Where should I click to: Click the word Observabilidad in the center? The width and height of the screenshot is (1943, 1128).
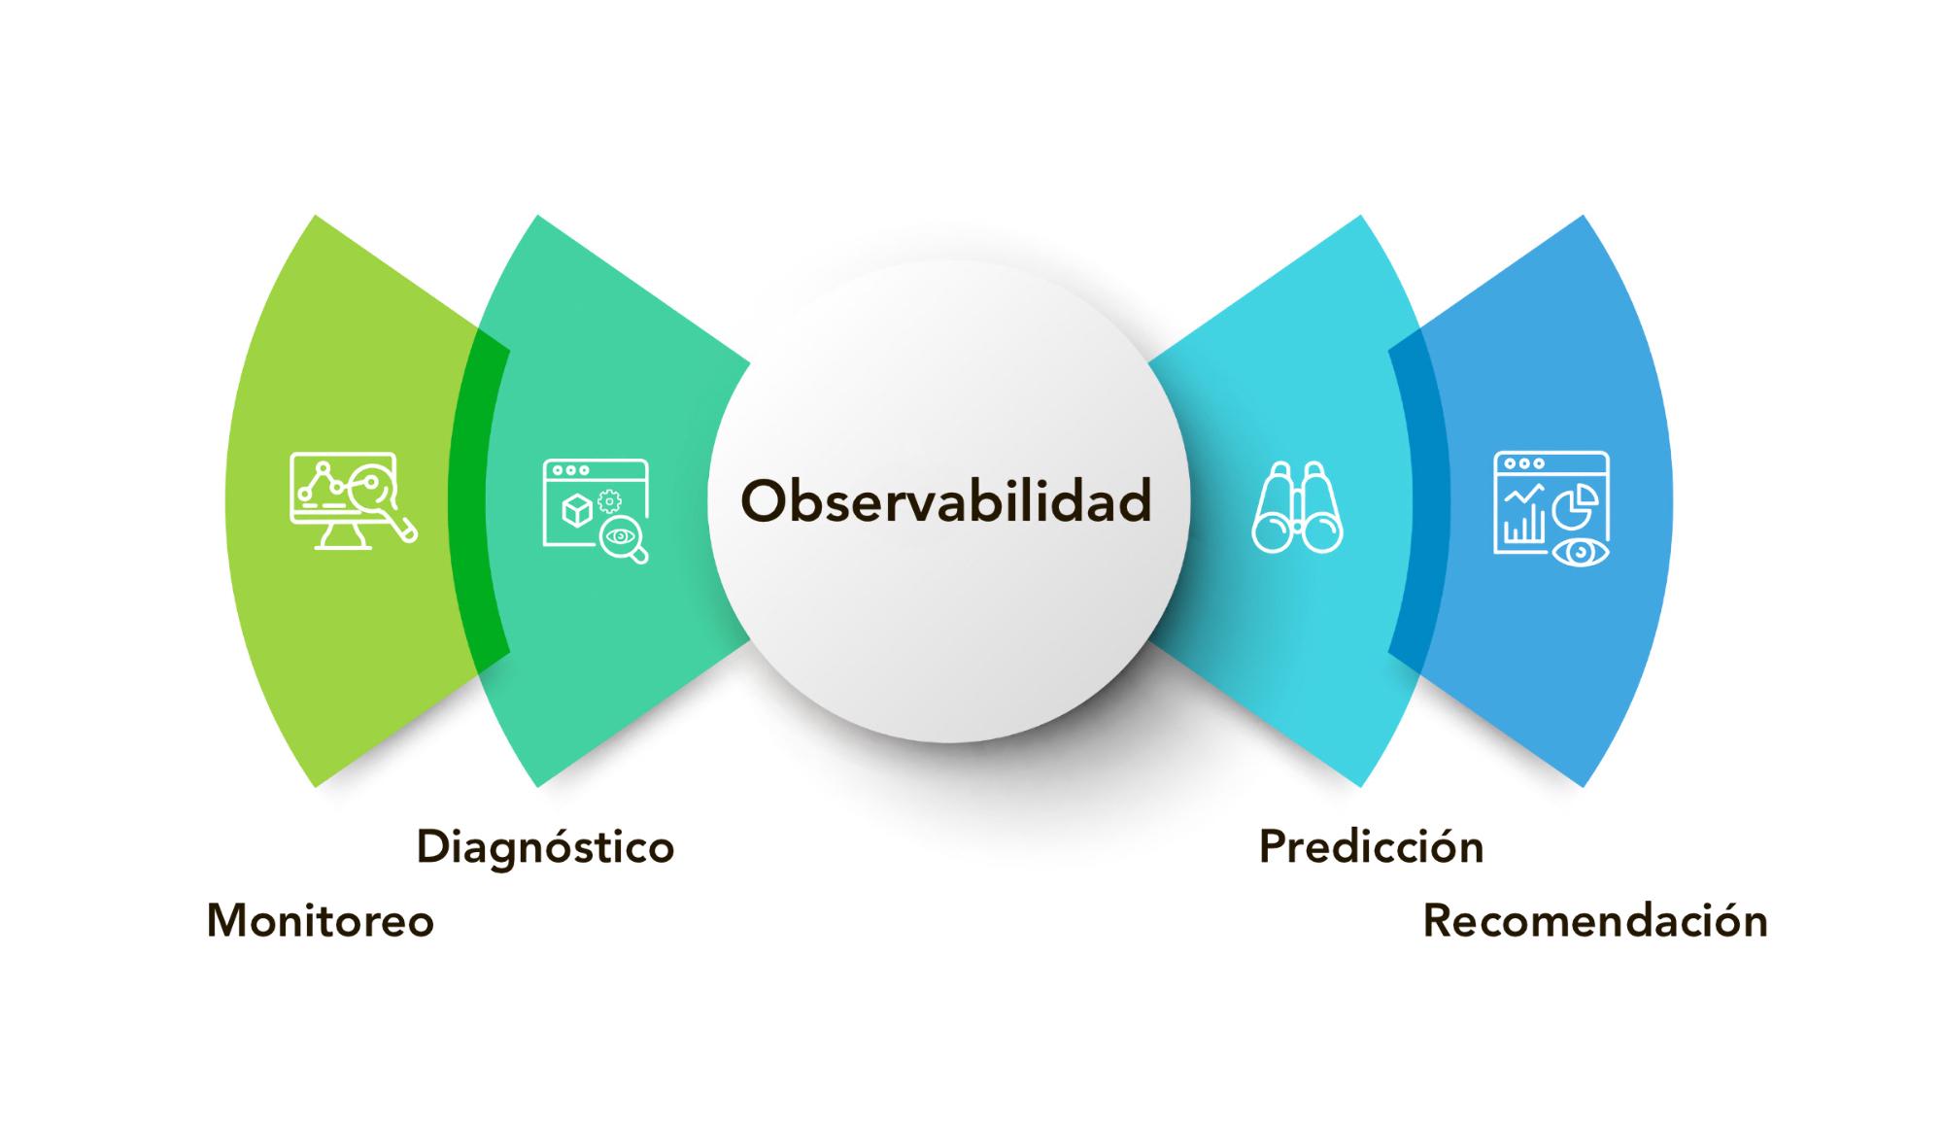tap(945, 500)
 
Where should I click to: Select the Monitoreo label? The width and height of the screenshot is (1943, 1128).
tap(321, 921)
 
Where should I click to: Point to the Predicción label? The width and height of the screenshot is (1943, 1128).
tap(1371, 846)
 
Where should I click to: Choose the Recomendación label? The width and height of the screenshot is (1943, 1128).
tap(1595, 921)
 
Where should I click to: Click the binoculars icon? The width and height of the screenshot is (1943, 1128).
tap(1298, 507)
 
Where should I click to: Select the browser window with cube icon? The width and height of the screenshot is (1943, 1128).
tap(596, 510)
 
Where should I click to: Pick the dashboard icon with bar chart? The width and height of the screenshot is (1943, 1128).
tap(1551, 509)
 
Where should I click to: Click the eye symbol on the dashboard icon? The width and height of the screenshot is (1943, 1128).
tap(1581, 552)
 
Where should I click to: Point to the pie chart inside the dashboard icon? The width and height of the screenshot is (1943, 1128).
tap(1576, 503)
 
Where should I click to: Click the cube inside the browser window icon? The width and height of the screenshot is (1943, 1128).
tap(577, 510)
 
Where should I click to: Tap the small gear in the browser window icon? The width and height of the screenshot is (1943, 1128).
tap(610, 501)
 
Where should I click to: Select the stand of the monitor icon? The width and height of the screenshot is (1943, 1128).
tap(343, 537)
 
